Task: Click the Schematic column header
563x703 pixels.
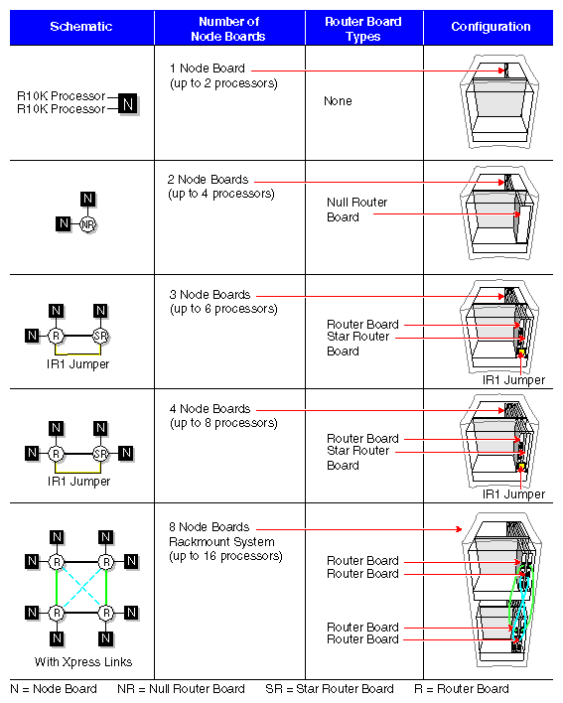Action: (x=81, y=27)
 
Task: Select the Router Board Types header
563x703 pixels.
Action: (x=363, y=27)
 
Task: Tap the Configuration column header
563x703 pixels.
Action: (x=491, y=27)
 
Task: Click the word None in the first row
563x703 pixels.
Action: (x=338, y=101)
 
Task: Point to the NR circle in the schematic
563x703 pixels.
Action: (x=87, y=224)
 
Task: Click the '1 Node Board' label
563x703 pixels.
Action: (x=207, y=69)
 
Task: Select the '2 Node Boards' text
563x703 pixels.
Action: (x=209, y=180)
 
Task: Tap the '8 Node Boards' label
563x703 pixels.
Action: (x=209, y=527)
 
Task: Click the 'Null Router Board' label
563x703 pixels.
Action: (x=356, y=210)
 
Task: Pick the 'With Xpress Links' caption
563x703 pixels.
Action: (x=82, y=662)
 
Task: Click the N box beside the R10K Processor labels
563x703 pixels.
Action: (x=128, y=102)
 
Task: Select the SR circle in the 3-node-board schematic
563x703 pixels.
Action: (x=99, y=336)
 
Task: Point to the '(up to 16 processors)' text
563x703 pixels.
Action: (x=224, y=556)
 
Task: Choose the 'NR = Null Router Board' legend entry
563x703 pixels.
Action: (x=181, y=689)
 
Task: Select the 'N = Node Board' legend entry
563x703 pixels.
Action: (x=54, y=689)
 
